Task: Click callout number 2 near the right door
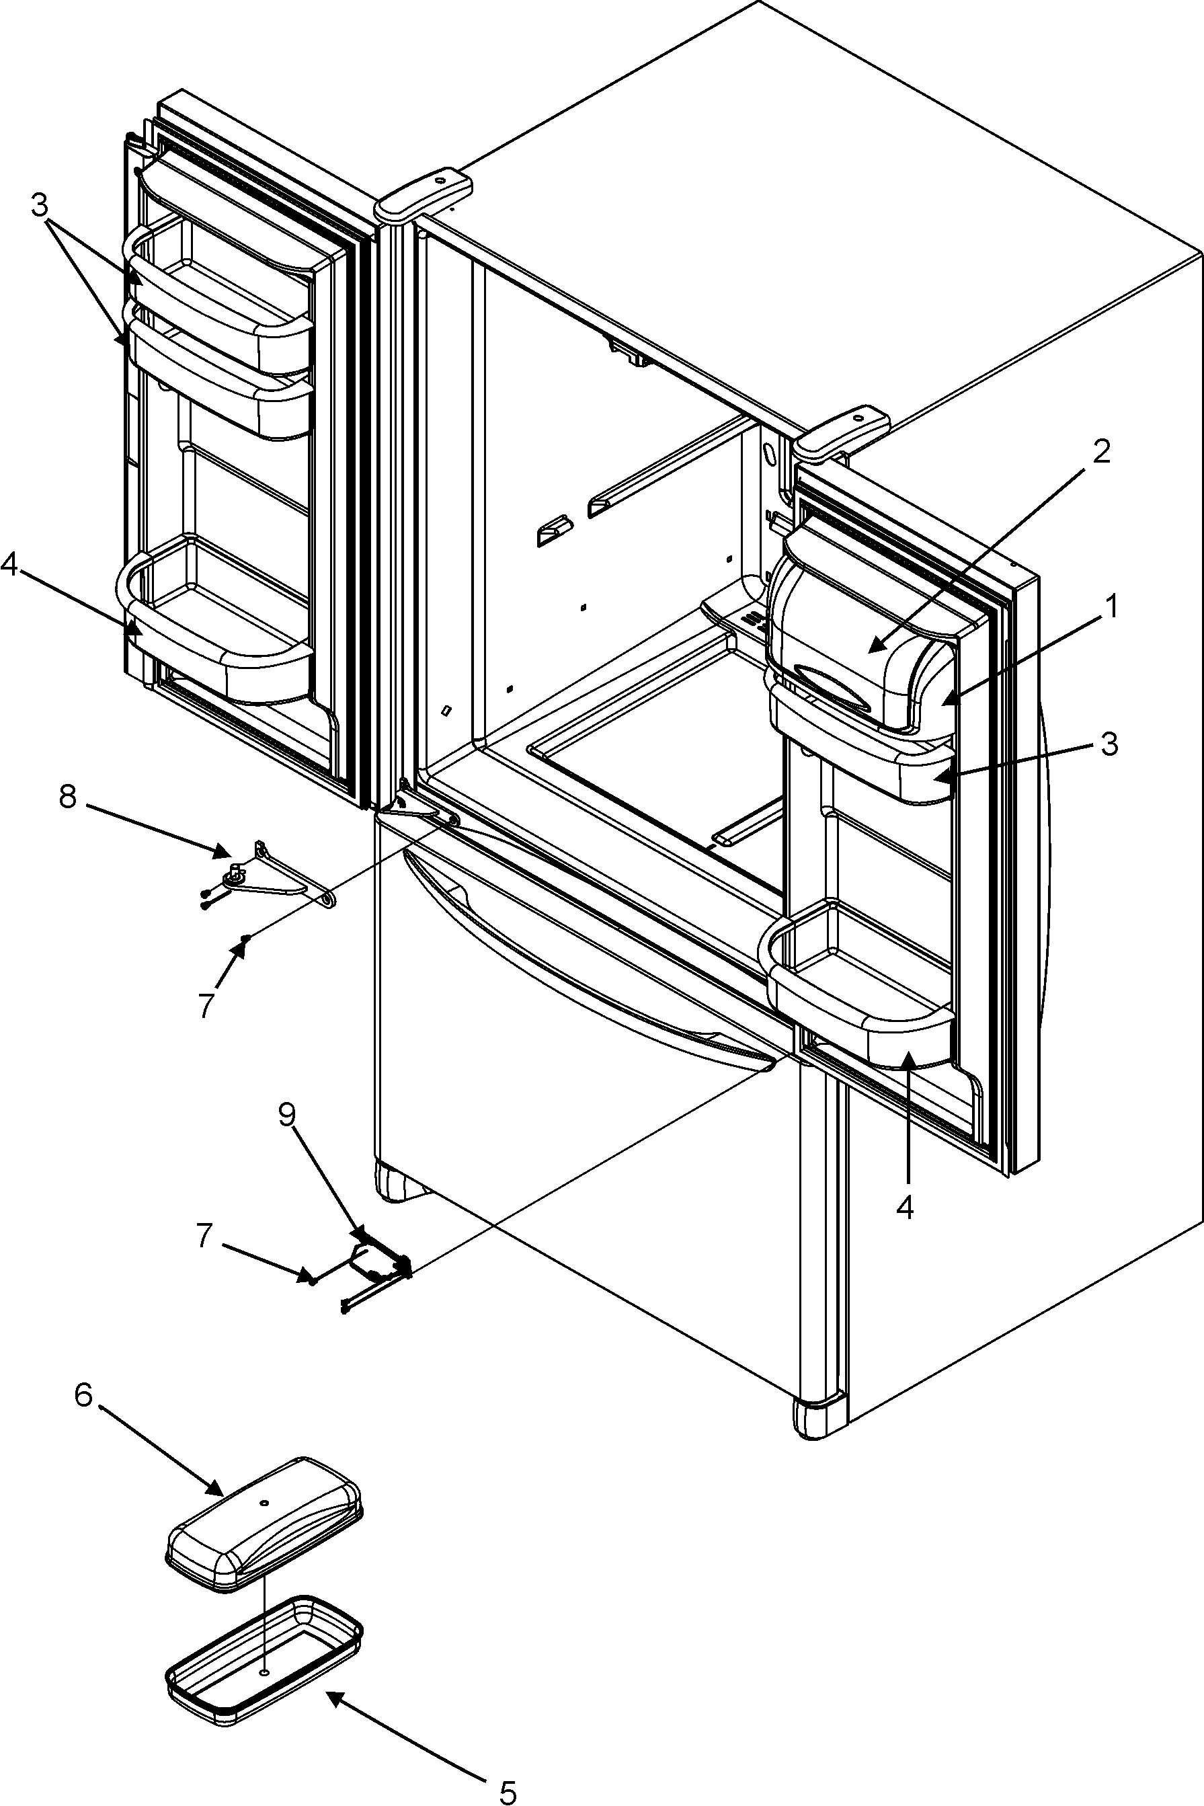[x=1100, y=452]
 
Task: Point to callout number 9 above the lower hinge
[x=287, y=1114]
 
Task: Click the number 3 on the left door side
[x=39, y=205]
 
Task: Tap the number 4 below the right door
[x=906, y=1208]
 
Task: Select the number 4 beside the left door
[x=9, y=565]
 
